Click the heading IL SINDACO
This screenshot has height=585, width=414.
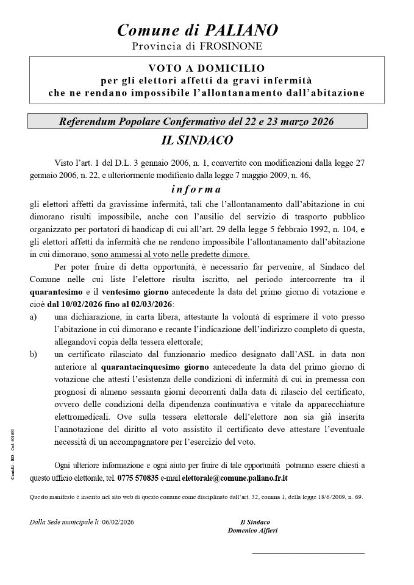(197, 140)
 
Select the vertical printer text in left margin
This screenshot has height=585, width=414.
(13, 455)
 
